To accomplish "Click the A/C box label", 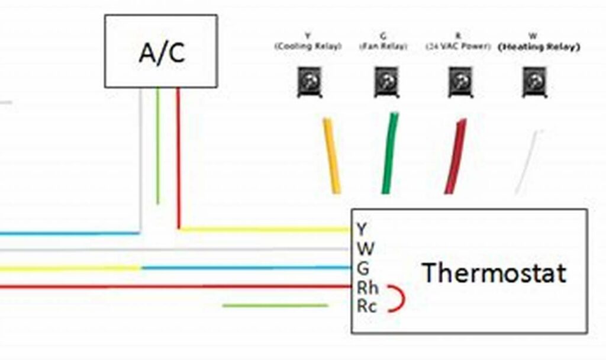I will (x=161, y=52).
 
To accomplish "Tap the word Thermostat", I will (x=494, y=273).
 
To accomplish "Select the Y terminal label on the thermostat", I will (x=362, y=229).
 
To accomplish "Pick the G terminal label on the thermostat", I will (x=363, y=268).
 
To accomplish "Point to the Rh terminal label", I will (x=368, y=288).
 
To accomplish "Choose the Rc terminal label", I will (x=367, y=306).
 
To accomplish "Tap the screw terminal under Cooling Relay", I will (x=310, y=81).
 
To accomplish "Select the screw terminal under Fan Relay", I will (x=386, y=81).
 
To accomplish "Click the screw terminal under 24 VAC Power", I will (x=460, y=81).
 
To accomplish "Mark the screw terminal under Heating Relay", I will (x=534, y=81).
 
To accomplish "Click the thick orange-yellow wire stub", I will (x=331, y=155).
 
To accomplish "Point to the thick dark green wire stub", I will (x=390, y=154).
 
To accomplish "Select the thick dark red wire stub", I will (x=456, y=156).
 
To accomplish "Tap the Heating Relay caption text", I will (x=539, y=46).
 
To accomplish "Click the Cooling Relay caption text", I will (x=308, y=46).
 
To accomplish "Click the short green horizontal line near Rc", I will (x=275, y=306).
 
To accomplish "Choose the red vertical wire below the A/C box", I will (x=178, y=157).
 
